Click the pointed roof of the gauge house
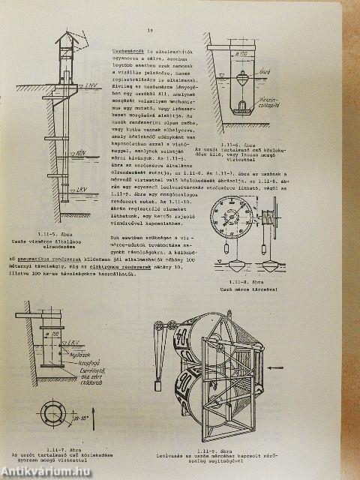point(69,37)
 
